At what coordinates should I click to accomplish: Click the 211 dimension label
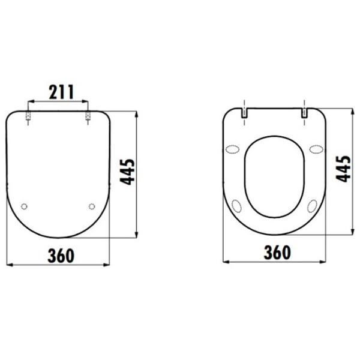tap(61, 92)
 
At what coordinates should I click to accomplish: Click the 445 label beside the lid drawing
tap(127, 172)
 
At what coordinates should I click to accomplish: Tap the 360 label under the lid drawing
tap(61, 256)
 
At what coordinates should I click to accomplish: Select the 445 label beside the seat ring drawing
tap(343, 169)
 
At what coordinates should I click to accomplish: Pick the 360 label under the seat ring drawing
tap(277, 253)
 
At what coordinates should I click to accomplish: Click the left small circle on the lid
tap(24, 206)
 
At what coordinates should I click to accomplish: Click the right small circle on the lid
tap(92, 206)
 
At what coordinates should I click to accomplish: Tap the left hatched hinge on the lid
tap(28, 116)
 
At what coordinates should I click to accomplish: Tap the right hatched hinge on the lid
tap(88, 116)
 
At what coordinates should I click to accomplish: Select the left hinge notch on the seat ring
tap(244, 113)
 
